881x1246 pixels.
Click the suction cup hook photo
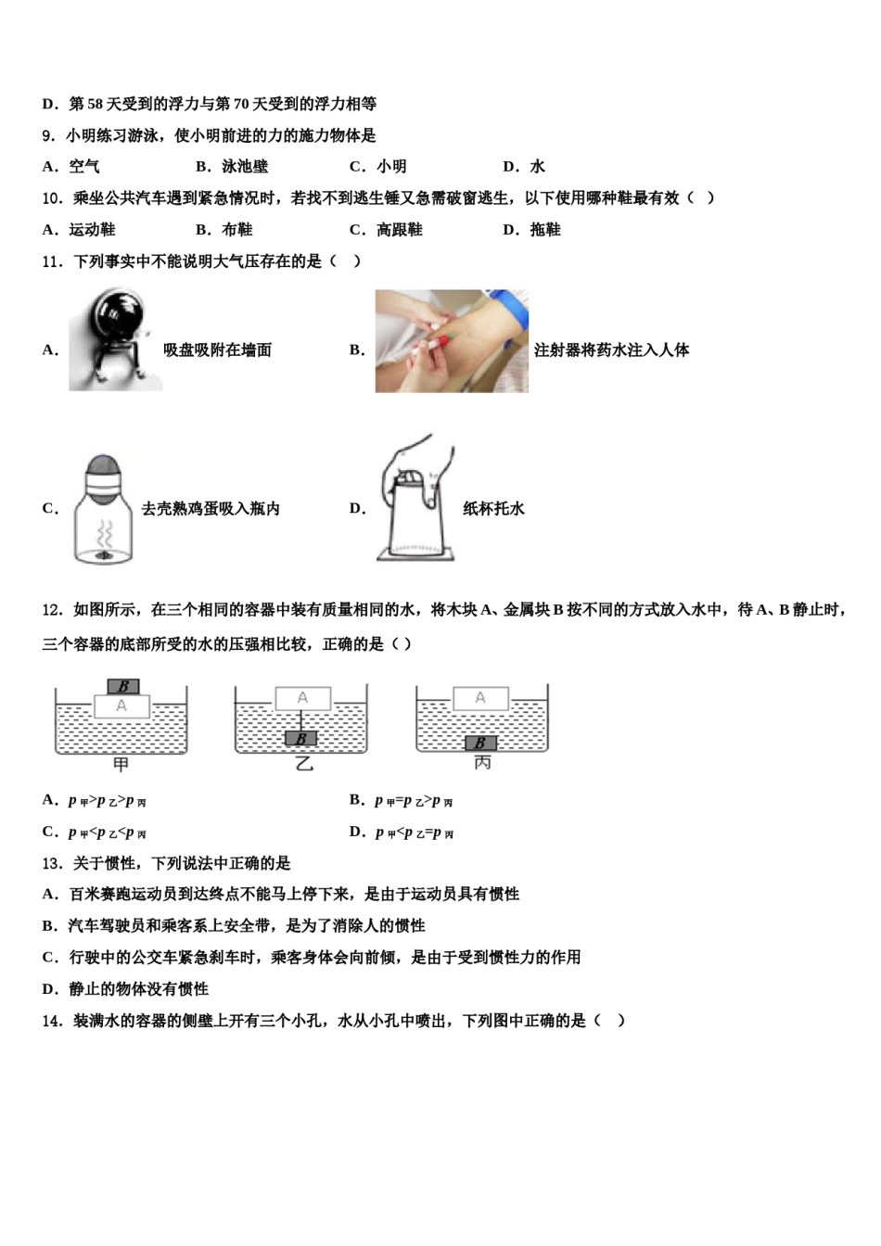[115, 339]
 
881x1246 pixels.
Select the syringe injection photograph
[452, 340]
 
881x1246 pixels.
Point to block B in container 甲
[122, 687]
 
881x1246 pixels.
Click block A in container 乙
[302, 698]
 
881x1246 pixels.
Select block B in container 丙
[480, 743]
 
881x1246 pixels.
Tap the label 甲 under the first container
[121, 765]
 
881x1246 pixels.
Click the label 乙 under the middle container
[302, 765]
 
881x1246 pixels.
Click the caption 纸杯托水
[493, 508]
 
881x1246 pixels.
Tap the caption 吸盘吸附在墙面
[217, 350]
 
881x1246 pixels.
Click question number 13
[52, 863]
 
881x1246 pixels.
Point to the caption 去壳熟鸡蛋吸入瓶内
[211, 508]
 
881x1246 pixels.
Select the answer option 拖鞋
[544, 230]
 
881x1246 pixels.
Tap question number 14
[52, 1021]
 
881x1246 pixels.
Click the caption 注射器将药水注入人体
[611, 350]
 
